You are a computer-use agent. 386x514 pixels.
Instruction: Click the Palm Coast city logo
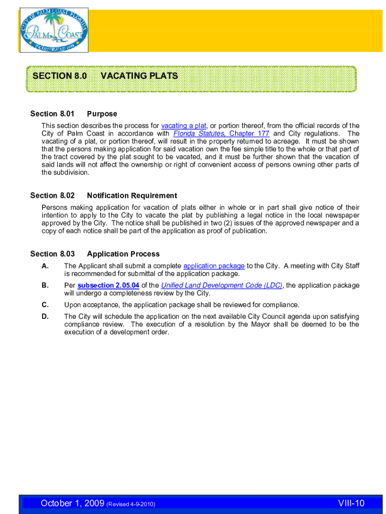coord(54,30)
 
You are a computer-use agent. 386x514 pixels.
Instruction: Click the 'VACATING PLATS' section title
coord(139,76)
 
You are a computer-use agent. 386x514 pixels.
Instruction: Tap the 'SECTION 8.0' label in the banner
coord(60,76)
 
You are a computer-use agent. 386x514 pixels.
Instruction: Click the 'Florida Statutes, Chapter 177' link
coord(221,134)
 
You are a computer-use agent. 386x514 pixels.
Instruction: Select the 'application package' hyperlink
coord(214,266)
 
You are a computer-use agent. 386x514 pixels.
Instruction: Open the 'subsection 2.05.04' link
coord(108,285)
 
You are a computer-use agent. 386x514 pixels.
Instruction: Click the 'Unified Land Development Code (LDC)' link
coord(222,285)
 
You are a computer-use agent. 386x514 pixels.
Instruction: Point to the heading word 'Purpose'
coord(102,114)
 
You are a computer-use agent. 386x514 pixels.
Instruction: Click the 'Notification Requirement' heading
coord(132,195)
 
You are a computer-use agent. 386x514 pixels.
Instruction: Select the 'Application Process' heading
coord(123,254)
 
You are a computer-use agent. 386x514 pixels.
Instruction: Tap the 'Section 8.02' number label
coord(52,195)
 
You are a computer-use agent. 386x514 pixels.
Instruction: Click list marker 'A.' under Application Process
coord(45,266)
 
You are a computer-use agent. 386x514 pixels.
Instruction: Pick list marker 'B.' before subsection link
coord(45,285)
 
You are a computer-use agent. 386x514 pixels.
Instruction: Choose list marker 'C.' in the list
coord(45,305)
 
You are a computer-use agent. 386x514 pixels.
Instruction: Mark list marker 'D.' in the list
coord(45,316)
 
